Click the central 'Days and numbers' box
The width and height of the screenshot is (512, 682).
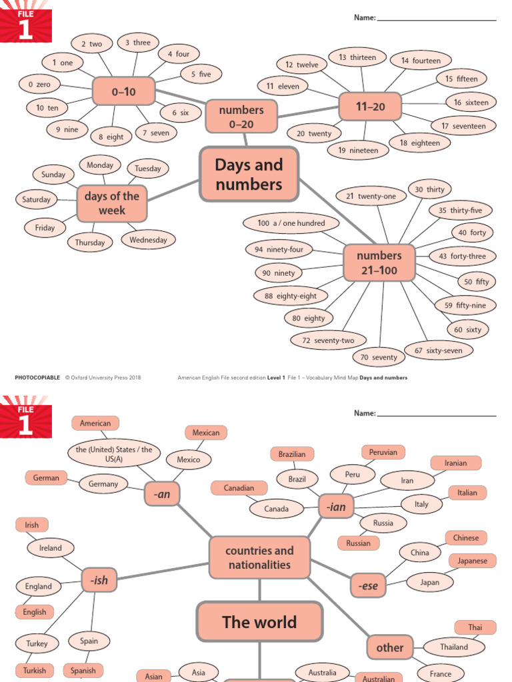click(x=249, y=174)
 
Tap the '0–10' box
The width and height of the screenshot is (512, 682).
click(x=123, y=91)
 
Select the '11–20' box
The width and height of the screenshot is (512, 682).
click(x=370, y=107)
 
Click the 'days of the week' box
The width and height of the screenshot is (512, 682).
click(x=111, y=203)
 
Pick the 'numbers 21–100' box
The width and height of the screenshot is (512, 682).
click(x=379, y=263)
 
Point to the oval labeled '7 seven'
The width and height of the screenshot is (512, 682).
click(x=156, y=133)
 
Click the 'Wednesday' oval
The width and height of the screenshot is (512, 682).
click(x=148, y=240)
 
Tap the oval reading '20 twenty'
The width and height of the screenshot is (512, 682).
click(x=314, y=134)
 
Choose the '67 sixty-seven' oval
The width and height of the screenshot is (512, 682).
click(x=438, y=350)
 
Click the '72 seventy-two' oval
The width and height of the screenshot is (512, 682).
click(x=328, y=340)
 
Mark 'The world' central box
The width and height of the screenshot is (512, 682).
click(x=259, y=622)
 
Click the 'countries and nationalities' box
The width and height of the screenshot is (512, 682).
click(x=259, y=557)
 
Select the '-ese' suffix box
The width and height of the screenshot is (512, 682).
click(x=368, y=586)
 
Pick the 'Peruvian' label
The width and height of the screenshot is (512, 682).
click(x=383, y=452)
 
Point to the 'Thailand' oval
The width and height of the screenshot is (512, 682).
click(x=454, y=647)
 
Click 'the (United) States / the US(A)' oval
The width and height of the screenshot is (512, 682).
click(x=110, y=455)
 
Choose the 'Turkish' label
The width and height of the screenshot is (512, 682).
click(x=35, y=671)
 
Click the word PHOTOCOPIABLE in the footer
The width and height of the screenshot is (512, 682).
click(x=37, y=378)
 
